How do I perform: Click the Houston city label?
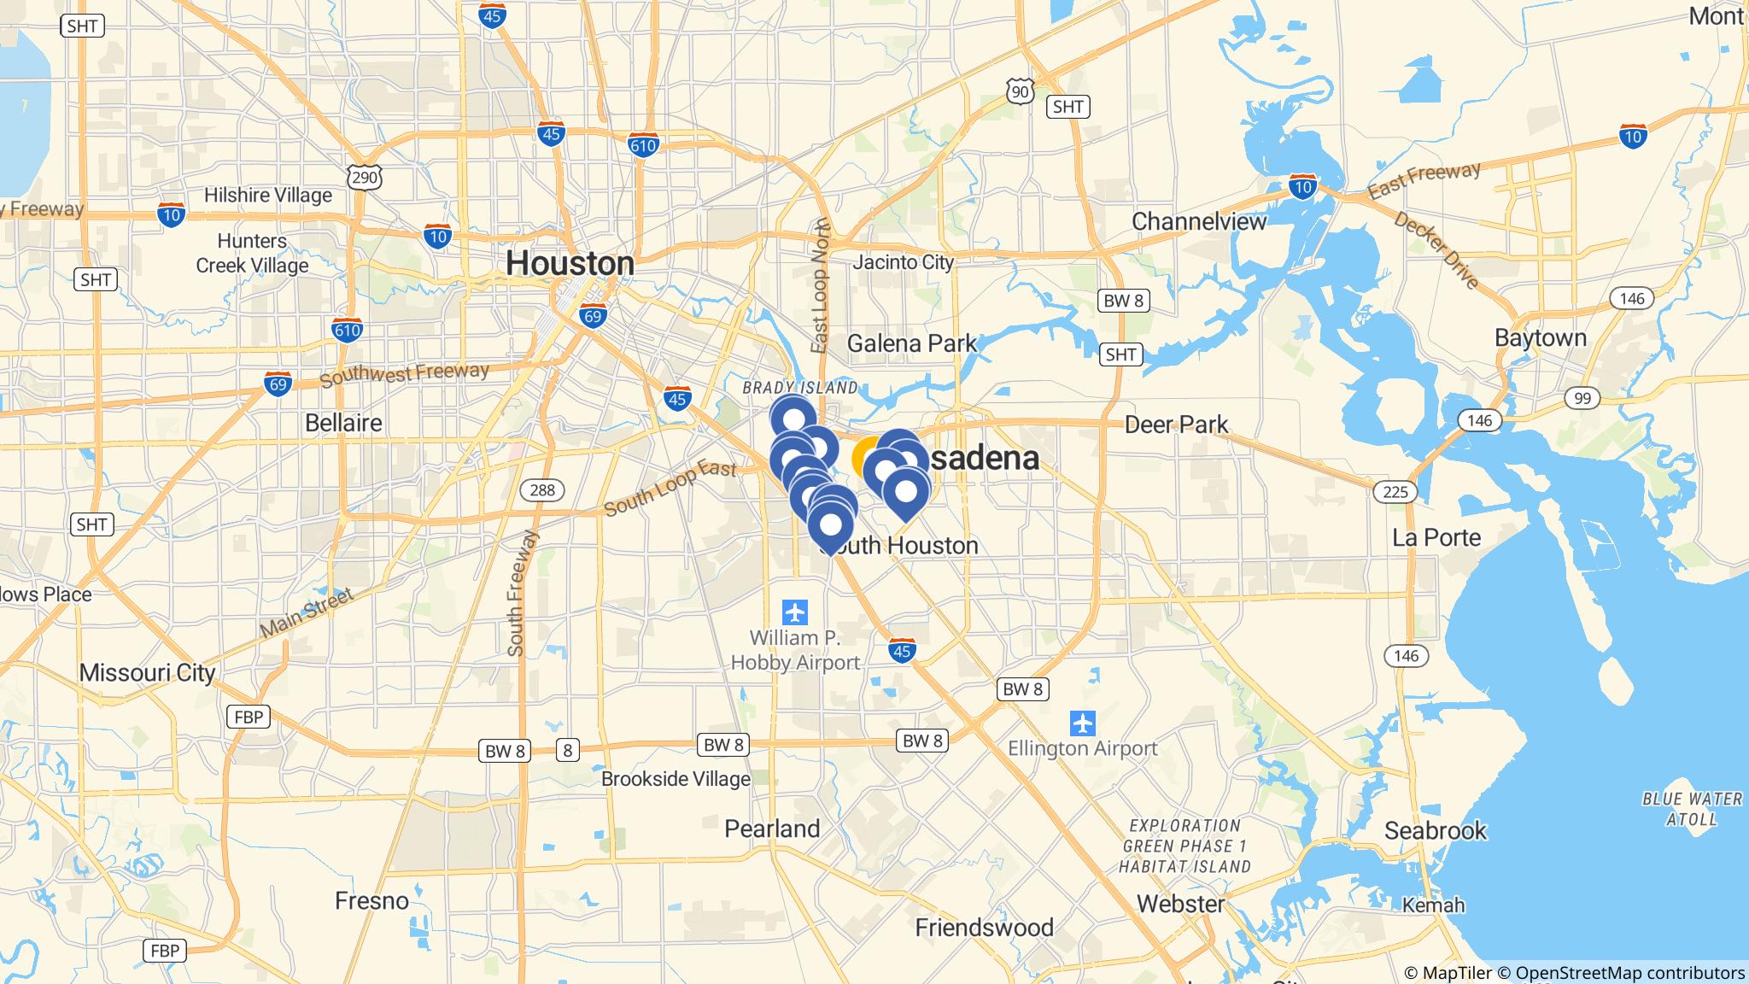(x=570, y=263)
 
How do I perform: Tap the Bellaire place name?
(x=343, y=423)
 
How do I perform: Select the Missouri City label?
(x=147, y=673)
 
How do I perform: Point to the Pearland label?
(x=772, y=829)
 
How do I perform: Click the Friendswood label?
(x=984, y=928)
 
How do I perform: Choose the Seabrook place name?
(x=1435, y=830)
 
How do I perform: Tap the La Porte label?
(x=1436, y=538)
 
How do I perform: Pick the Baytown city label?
(x=1540, y=338)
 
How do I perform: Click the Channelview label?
(x=1198, y=222)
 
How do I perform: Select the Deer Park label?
(x=1176, y=425)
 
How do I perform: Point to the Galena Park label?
(x=911, y=343)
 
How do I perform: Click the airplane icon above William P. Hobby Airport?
(x=795, y=612)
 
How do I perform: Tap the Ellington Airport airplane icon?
(x=1082, y=723)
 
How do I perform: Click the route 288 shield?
(x=542, y=489)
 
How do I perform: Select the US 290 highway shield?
(x=365, y=177)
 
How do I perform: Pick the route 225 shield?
(x=1395, y=491)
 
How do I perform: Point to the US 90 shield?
(x=1020, y=91)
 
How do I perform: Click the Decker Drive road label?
(x=1436, y=250)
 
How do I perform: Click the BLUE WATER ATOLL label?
(x=1692, y=809)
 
